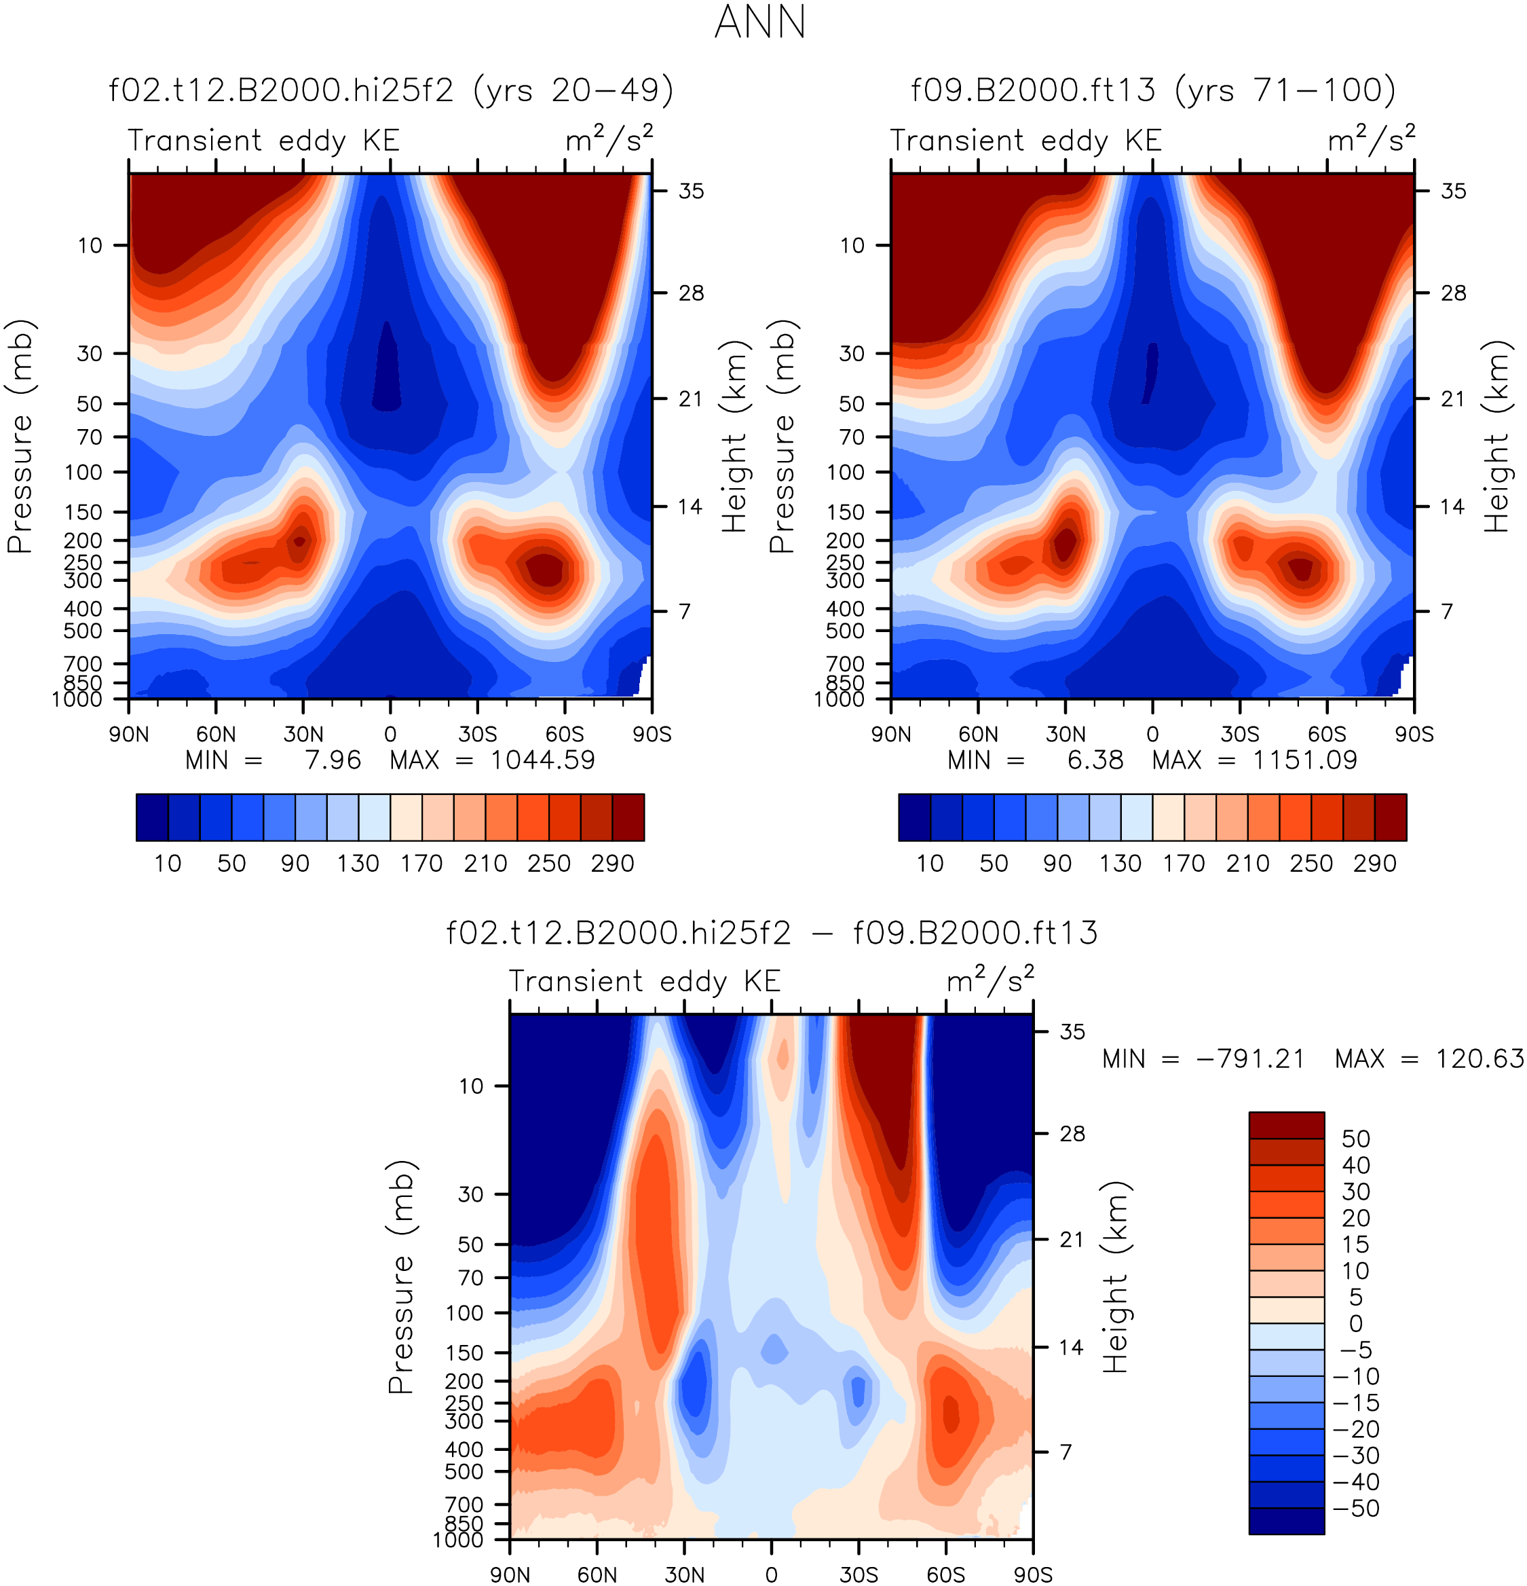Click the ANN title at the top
[x=761, y=22]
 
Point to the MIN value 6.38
[x=1095, y=760]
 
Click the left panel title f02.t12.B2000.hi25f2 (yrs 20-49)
[x=392, y=90]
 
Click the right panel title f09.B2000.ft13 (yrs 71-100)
[x=1153, y=90]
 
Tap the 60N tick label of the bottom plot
[x=597, y=1574]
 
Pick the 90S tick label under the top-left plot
[x=652, y=734]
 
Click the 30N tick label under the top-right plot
[x=1066, y=734]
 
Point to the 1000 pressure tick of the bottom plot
[x=459, y=1540]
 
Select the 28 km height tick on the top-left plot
[x=692, y=293]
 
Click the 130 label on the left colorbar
[x=358, y=864]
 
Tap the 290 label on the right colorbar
[x=1375, y=864]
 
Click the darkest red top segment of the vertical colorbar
[x=1286, y=1126]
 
